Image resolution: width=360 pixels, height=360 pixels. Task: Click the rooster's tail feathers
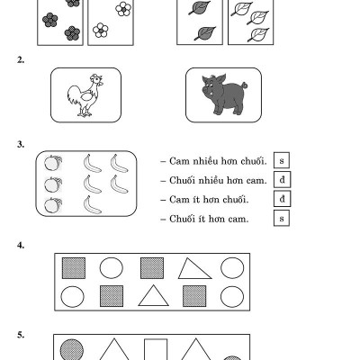pyautogui.click(x=74, y=95)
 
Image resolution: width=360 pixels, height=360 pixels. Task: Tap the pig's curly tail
pyautogui.click(x=245, y=85)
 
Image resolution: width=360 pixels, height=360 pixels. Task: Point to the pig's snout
pyautogui.click(x=206, y=90)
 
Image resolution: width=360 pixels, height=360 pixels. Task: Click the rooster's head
pyautogui.click(x=96, y=80)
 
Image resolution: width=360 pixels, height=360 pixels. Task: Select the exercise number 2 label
pyautogui.click(x=21, y=60)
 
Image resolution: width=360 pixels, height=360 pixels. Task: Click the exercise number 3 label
pyautogui.click(x=21, y=145)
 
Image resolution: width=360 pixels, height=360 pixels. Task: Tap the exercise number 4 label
pyautogui.click(x=21, y=246)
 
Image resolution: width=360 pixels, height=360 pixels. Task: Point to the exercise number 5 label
pyautogui.click(x=21, y=335)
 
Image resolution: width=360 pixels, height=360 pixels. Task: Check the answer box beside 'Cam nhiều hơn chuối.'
pyautogui.click(x=282, y=160)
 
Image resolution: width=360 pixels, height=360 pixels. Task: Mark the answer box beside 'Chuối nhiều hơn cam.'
pyautogui.click(x=282, y=179)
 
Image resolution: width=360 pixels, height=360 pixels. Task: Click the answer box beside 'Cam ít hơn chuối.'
pyautogui.click(x=282, y=199)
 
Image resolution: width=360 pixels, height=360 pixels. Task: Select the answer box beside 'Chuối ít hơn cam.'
pyautogui.click(x=282, y=218)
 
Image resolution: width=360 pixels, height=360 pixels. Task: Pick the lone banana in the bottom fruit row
pyautogui.click(x=92, y=205)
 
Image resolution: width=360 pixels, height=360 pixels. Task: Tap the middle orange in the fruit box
pyautogui.click(x=53, y=184)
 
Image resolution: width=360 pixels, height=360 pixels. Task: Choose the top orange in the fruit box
pyautogui.click(x=53, y=163)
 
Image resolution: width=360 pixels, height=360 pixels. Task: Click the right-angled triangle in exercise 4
pyautogui.click(x=194, y=268)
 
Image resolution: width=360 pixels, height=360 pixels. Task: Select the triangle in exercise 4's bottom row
pyautogui.click(x=153, y=296)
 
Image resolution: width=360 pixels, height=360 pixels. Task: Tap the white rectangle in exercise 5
pyautogui.click(x=156, y=349)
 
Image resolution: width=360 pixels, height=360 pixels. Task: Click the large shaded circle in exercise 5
pyautogui.click(x=72, y=350)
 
